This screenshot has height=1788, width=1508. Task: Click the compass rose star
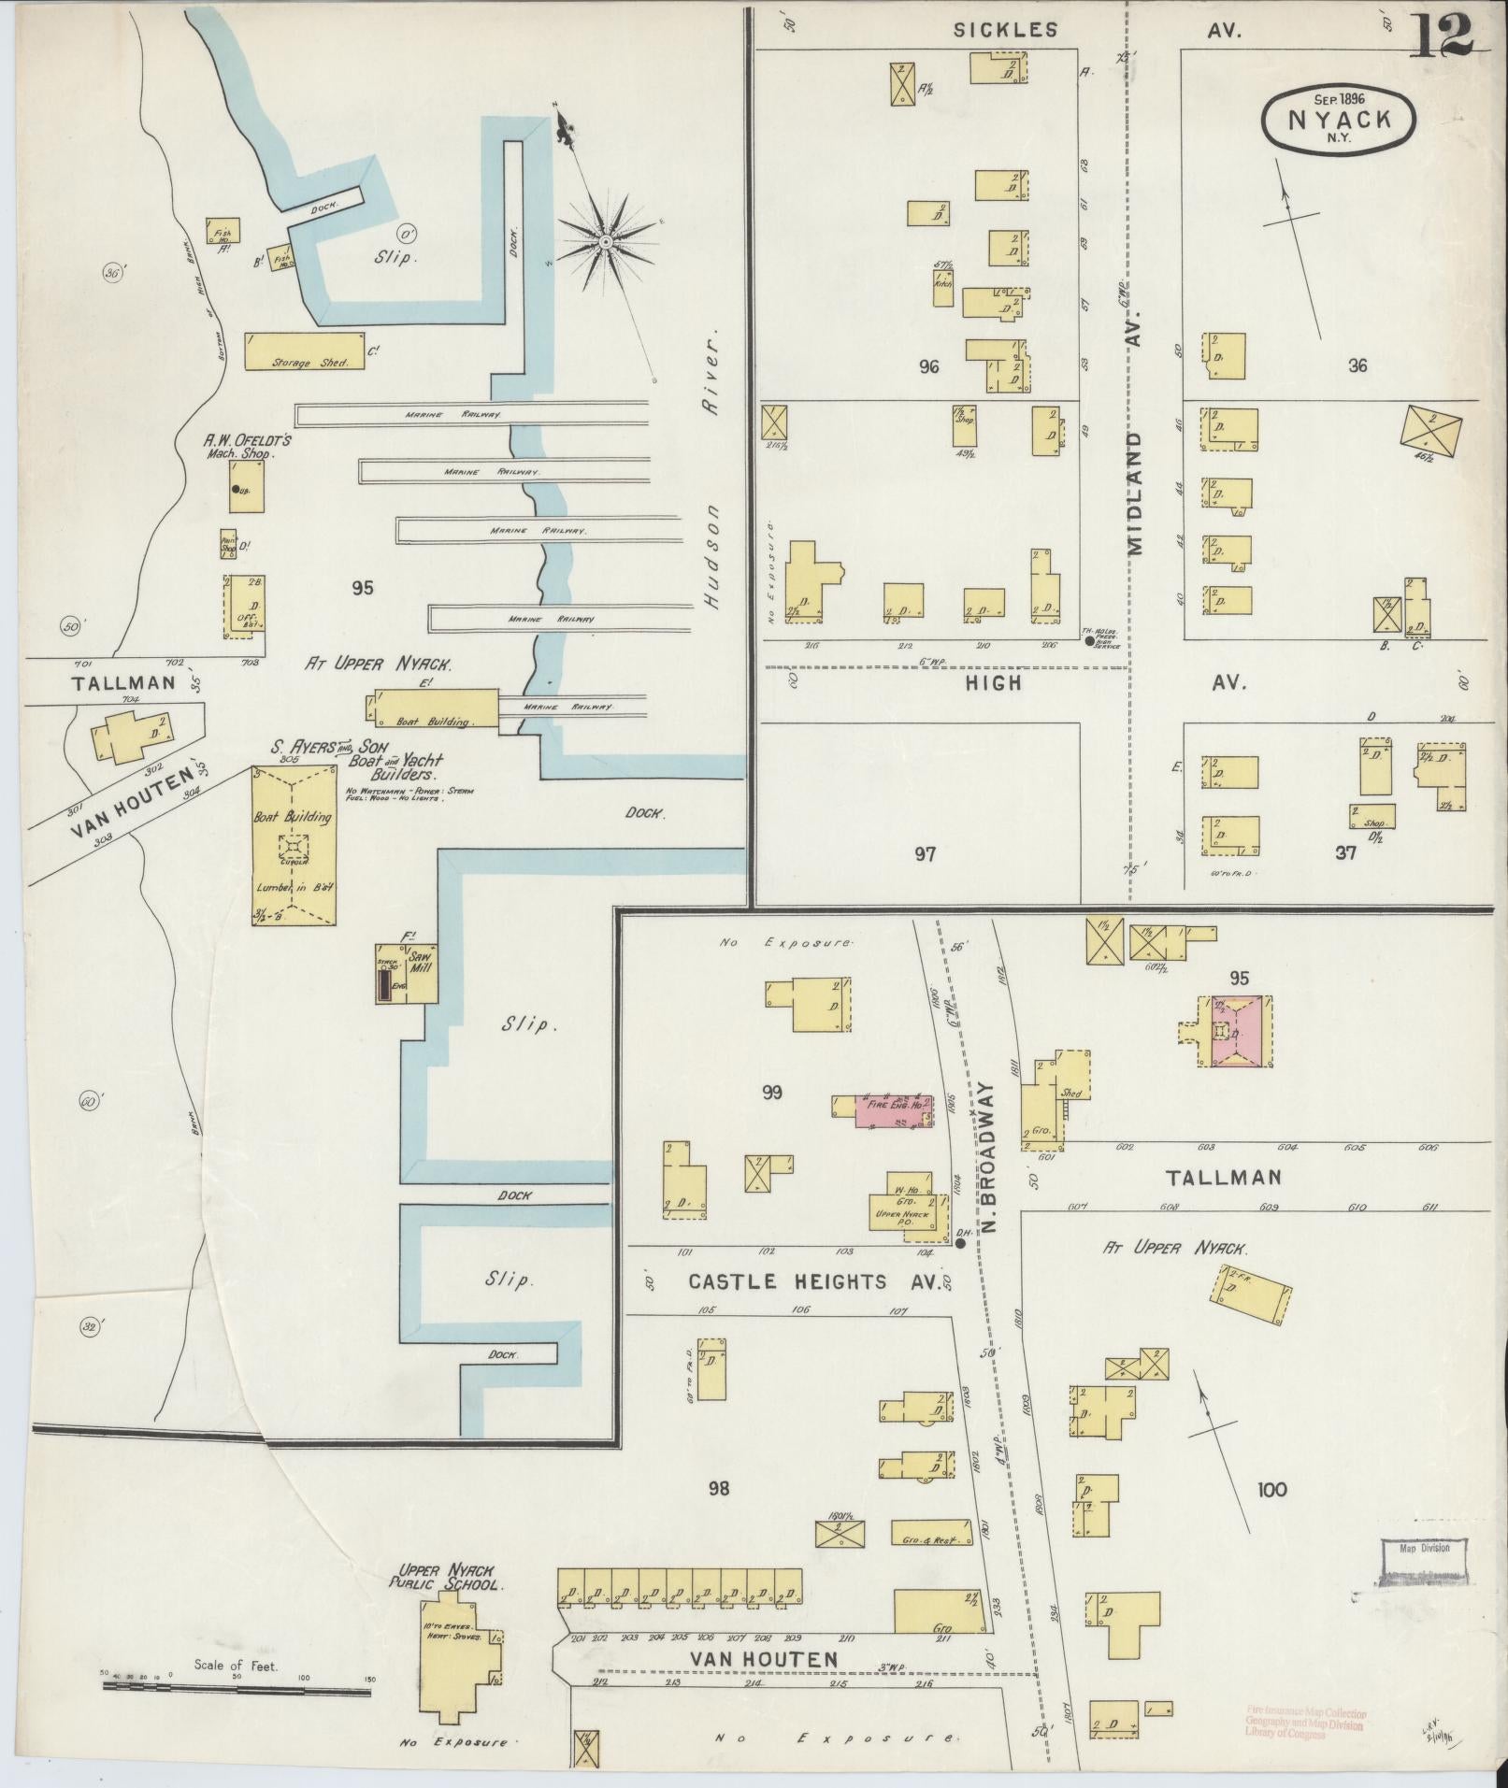[x=605, y=243]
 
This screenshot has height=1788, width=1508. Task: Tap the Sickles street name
[x=1005, y=30]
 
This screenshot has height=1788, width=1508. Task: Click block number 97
[x=924, y=853]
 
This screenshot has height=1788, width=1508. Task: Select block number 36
[x=1357, y=365]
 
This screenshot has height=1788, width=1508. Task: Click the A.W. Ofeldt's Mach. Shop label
[x=239, y=445]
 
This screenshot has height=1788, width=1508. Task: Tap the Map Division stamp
[x=1423, y=1547]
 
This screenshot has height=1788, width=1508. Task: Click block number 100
[x=1272, y=1489]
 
